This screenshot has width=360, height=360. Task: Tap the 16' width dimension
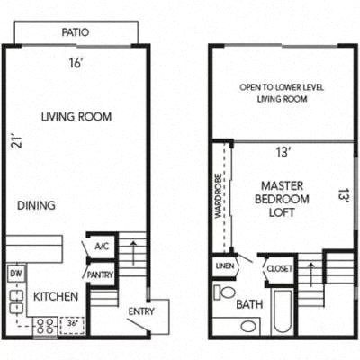click(x=75, y=63)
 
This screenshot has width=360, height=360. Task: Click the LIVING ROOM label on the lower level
click(x=76, y=117)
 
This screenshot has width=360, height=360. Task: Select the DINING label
click(x=36, y=205)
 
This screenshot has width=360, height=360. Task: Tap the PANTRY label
click(x=100, y=274)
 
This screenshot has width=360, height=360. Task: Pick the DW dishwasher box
click(x=15, y=272)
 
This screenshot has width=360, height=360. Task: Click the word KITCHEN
click(x=56, y=296)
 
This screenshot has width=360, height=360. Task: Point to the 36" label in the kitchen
click(x=70, y=323)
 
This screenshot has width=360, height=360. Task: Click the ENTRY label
click(x=141, y=311)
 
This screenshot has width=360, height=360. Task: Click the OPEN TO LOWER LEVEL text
click(x=281, y=93)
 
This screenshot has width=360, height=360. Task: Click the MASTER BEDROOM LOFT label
click(x=283, y=200)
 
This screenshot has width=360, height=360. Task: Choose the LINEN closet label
click(x=224, y=266)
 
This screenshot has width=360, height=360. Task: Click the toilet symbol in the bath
click(x=225, y=294)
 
